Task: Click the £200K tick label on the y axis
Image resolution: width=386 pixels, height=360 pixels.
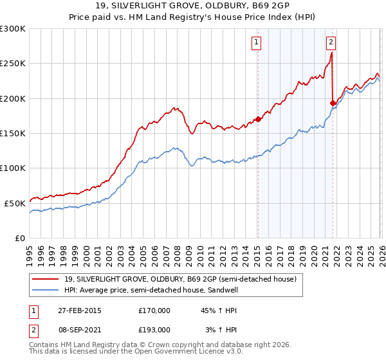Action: pos(14,98)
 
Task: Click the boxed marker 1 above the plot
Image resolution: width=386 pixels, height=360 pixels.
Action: pos(257,43)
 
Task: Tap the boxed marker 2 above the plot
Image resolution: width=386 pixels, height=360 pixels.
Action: pos(331,43)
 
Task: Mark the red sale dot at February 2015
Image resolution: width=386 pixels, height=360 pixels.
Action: pos(258,119)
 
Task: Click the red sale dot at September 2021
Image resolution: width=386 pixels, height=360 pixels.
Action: pos(333,103)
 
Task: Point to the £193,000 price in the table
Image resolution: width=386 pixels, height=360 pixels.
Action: pos(154,329)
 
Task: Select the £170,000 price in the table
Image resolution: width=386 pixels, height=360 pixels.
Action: pos(154,310)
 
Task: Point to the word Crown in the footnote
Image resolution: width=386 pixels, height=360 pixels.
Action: pos(153,346)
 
